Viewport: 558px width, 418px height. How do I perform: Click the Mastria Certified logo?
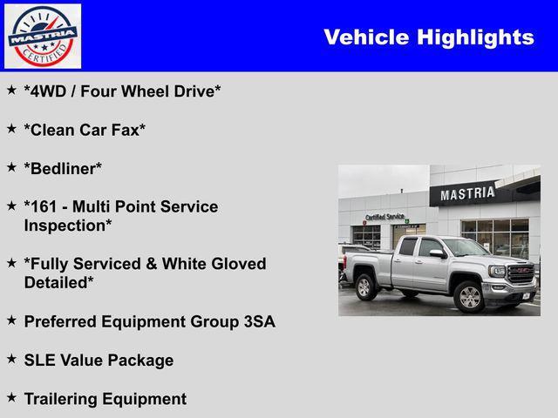coord(43,36)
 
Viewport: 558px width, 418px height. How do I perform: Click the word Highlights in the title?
coord(476,37)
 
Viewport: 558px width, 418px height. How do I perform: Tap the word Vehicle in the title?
coord(366,37)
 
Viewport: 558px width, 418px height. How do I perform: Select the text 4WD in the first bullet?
coord(49,91)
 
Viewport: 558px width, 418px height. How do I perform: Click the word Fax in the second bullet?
coord(125,130)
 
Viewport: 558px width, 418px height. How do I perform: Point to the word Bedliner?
coord(63,168)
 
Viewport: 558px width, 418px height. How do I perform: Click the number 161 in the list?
coord(44,206)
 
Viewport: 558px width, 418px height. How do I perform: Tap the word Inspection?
coord(65,226)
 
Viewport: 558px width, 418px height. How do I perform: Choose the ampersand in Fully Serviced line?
coord(151,264)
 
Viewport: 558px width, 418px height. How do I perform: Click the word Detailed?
coord(56,283)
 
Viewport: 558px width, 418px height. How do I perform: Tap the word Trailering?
coord(60,399)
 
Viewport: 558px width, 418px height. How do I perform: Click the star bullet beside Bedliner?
coord(11,167)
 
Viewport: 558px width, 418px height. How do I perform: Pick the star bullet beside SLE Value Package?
coord(11,359)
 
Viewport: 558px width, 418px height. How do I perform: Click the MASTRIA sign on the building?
coord(467,193)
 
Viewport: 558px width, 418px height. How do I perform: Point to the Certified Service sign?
coord(384,217)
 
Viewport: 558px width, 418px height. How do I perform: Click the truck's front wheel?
coord(469,297)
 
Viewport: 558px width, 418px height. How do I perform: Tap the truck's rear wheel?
coord(364,287)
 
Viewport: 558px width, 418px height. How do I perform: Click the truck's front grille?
coord(521,273)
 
